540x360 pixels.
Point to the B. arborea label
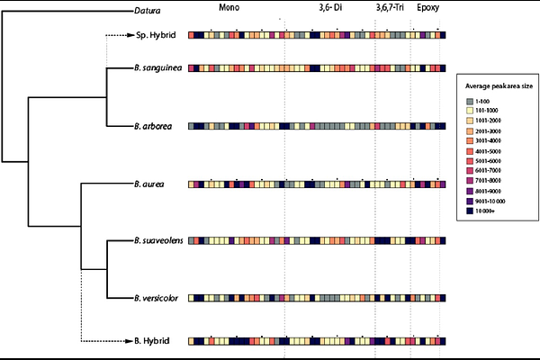pos(149,126)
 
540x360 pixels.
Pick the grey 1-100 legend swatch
pos(471,100)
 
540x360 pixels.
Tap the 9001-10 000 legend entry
pos(493,201)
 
